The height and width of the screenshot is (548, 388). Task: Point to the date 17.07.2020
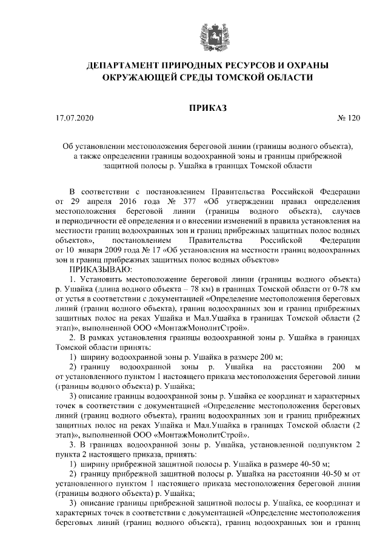pos(76,119)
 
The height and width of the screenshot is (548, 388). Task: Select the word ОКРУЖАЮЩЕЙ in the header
pos(136,78)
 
